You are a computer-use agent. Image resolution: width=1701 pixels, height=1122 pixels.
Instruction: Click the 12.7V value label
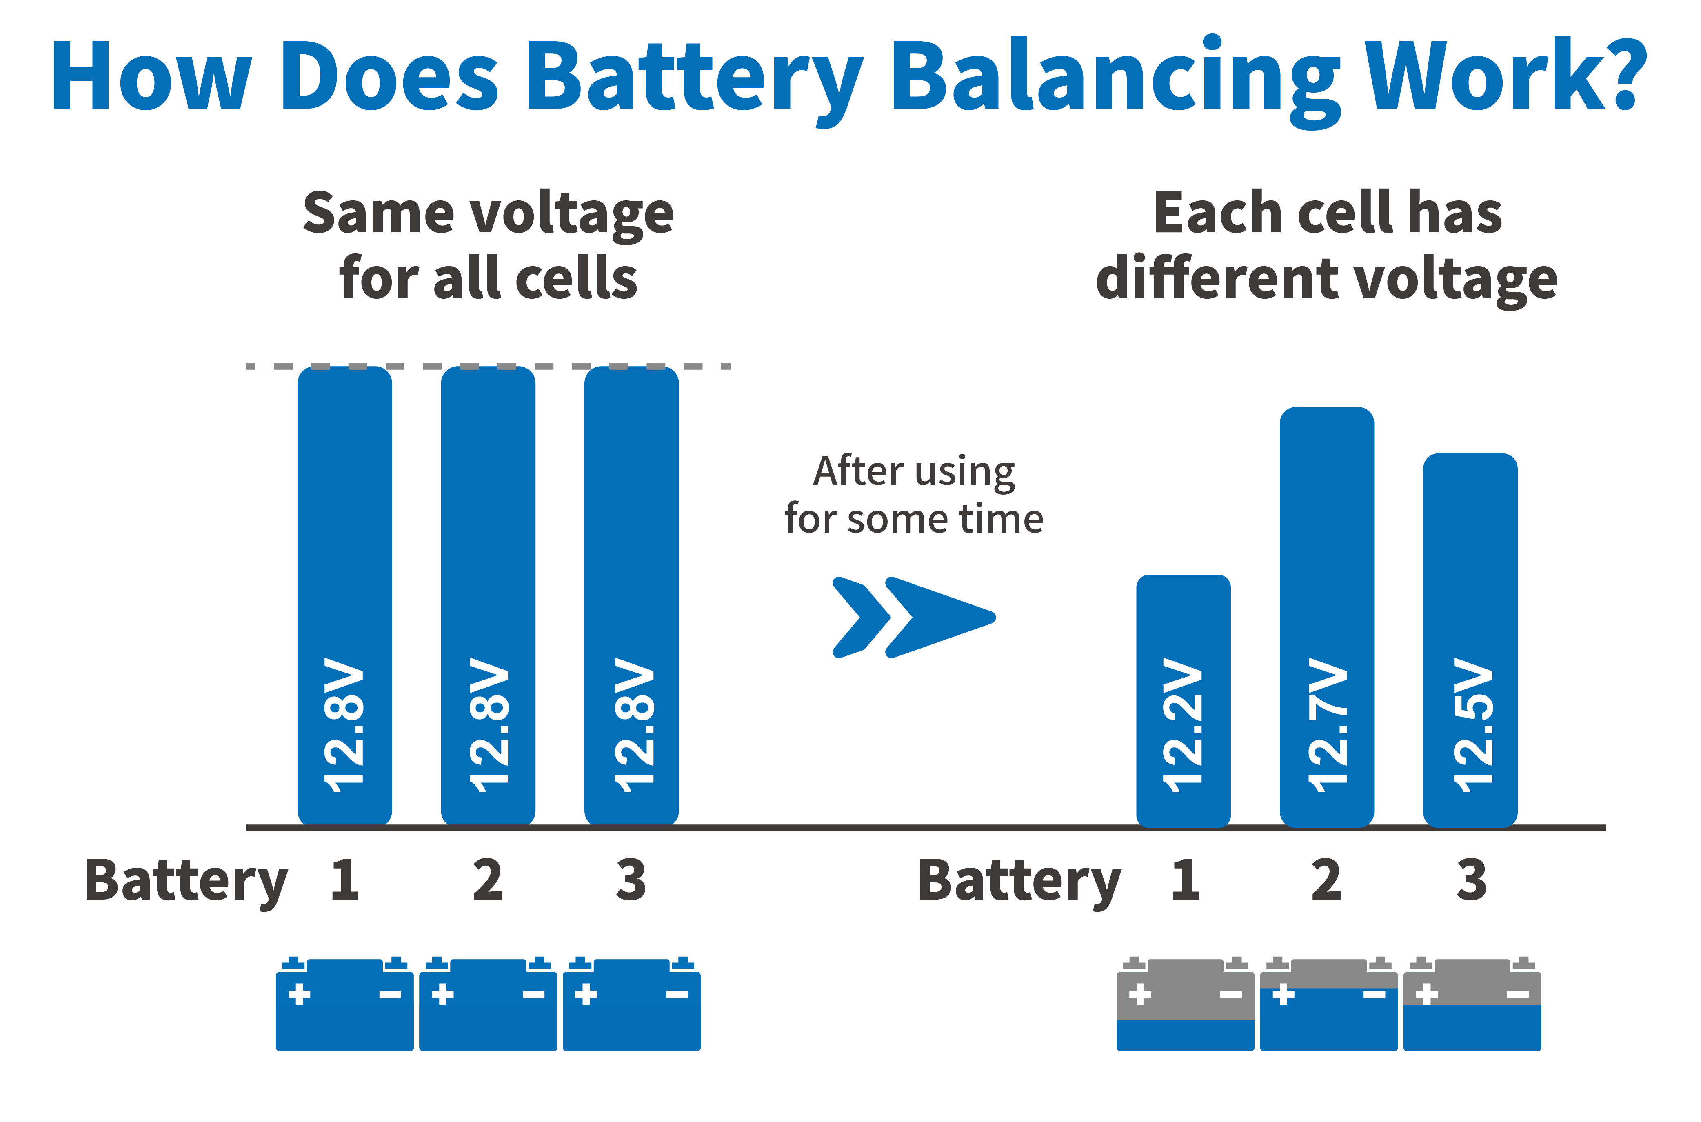click(x=1327, y=724)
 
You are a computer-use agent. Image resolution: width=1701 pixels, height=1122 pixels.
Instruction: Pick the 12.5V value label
click(x=1472, y=724)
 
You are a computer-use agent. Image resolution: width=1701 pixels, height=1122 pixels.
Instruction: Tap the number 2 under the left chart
click(x=488, y=880)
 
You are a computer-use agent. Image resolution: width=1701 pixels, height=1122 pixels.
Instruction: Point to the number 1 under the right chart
click(x=1185, y=880)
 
